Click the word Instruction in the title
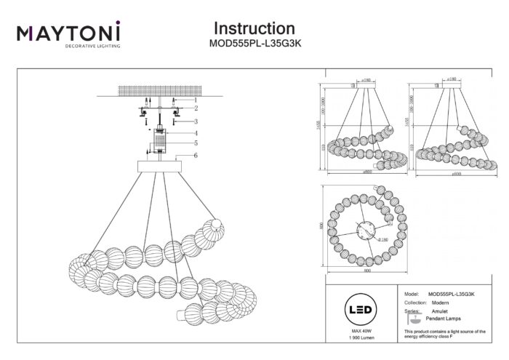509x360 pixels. [x=254, y=28]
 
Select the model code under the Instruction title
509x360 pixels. [x=254, y=44]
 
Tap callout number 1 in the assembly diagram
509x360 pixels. [x=195, y=99]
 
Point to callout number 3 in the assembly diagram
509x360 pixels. [x=195, y=121]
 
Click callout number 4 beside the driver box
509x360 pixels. [x=195, y=133]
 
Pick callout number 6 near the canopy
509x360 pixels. [x=195, y=156]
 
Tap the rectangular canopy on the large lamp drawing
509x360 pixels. [x=159, y=166]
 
